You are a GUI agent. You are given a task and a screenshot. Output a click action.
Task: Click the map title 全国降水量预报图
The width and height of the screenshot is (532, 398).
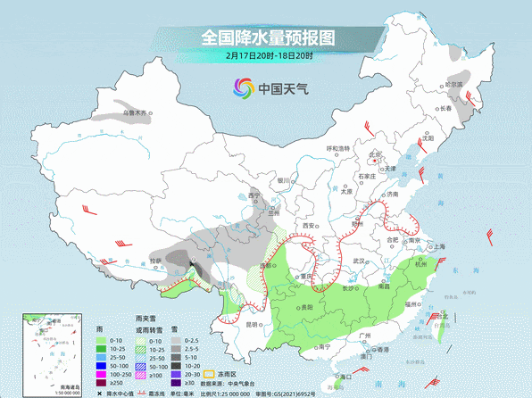click(x=267, y=38)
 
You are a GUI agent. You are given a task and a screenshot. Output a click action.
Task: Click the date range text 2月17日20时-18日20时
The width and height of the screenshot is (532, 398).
click(x=267, y=56)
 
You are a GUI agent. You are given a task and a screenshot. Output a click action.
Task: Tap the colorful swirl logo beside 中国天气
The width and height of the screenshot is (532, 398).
click(x=243, y=87)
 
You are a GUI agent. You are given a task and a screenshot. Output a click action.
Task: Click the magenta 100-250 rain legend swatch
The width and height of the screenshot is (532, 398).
click(x=104, y=366)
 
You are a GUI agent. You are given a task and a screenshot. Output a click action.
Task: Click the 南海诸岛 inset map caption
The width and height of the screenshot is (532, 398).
click(x=41, y=386)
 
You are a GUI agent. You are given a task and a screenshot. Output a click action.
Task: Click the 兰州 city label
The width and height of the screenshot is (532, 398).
click(x=274, y=213)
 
